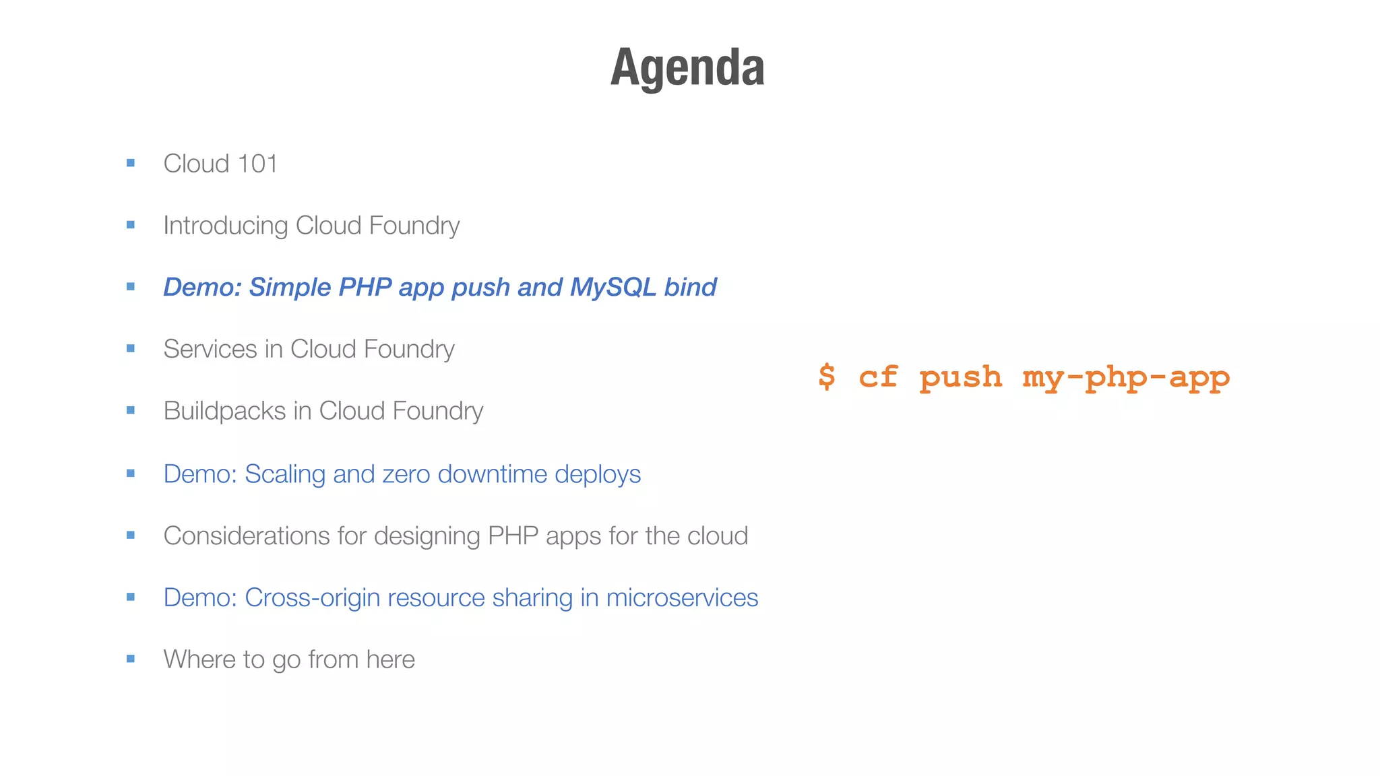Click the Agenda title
(687, 67)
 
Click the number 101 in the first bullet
(257, 164)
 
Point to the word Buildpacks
(224, 411)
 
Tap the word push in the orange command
(960, 377)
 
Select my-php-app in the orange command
(1126, 377)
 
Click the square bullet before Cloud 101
(131, 163)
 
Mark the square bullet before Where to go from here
(131, 659)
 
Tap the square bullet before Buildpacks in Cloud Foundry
(131, 410)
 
